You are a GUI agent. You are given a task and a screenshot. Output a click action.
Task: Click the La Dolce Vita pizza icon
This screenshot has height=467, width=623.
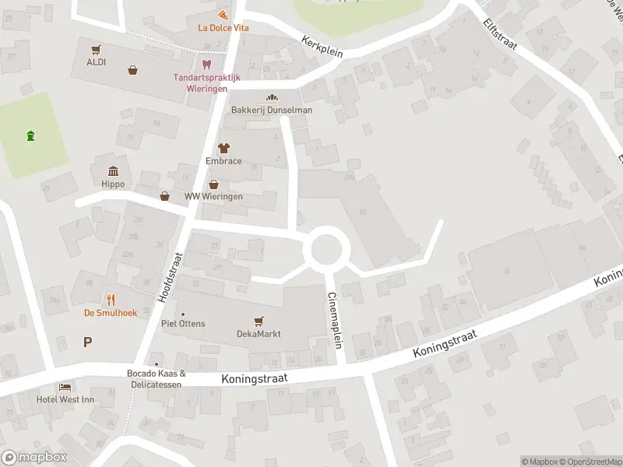point(224,16)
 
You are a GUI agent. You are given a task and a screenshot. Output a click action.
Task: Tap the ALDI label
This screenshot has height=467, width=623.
point(97,62)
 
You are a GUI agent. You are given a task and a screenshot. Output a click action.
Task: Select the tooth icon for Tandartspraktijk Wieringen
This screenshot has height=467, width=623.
point(206,65)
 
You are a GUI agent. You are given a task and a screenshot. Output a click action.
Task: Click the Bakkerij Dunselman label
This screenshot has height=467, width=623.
point(272,110)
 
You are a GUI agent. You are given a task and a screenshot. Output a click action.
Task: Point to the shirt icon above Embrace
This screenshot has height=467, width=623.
point(224,147)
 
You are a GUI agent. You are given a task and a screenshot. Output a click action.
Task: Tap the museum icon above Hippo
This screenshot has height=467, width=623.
point(114,170)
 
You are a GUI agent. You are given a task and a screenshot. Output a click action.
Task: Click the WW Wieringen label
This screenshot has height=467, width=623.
point(213,196)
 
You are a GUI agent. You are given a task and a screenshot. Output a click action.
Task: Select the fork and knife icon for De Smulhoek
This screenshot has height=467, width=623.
point(111,300)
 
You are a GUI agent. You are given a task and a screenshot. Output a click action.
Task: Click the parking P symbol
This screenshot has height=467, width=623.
point(87,341)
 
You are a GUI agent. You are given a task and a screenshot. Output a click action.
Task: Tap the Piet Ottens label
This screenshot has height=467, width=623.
point(183,323)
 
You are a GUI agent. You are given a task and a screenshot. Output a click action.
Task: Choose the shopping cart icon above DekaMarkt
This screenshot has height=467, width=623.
point(259,320)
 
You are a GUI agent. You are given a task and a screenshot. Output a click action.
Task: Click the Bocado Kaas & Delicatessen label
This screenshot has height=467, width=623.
point(157,377)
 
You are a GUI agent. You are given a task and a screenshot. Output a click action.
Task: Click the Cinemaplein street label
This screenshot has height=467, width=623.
point(335,320)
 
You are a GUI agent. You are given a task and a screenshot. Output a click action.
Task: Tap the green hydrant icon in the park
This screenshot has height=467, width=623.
point(30,136)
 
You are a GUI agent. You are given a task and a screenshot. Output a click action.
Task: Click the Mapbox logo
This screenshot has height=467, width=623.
point(34,458)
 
